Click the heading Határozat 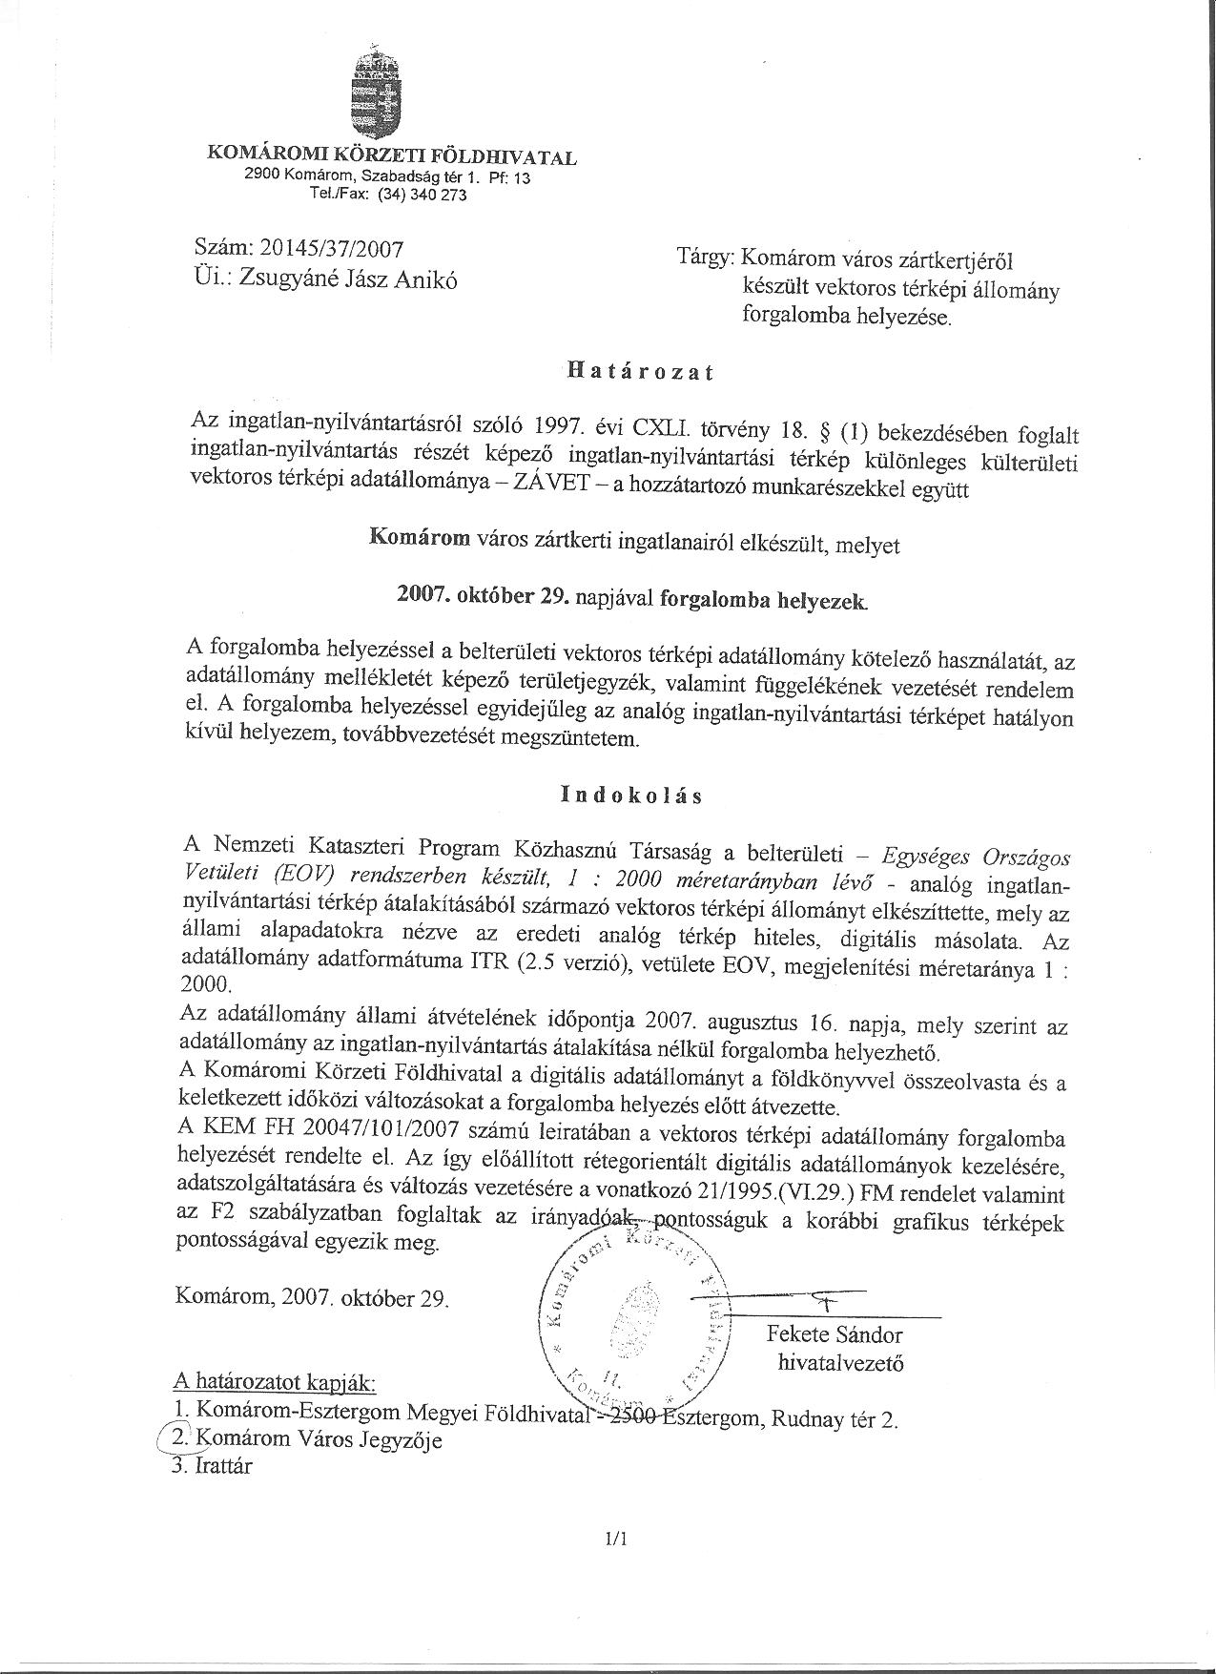click(640, 372)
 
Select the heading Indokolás click(632, 795)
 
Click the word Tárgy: click(705, 257)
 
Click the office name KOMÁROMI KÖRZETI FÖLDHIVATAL click(392, 156)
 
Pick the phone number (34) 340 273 click(423, 195)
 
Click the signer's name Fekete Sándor click(835, 1334)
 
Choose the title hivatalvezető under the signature click(840, 1363)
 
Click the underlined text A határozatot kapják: click(276, 1382)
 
